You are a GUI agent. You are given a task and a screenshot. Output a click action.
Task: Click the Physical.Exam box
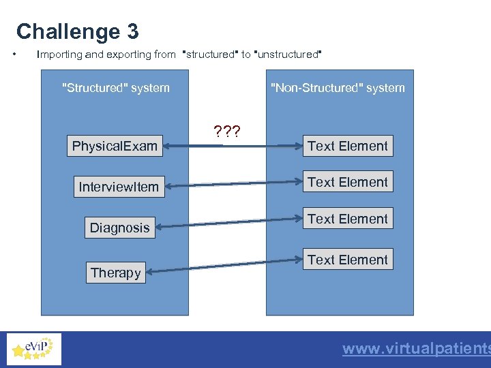pos(115,146)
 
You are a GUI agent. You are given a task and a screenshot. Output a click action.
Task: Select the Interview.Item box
pos(119,187)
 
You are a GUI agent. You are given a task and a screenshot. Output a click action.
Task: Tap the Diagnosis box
pos(119,228)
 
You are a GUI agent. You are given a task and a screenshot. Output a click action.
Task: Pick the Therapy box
pos(115,273)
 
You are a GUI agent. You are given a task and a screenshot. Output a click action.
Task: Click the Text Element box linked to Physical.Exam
pos(347,146)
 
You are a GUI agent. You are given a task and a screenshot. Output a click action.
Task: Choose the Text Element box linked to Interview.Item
pos(347,182)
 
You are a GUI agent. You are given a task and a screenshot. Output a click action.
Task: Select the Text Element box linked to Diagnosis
pos(347,219)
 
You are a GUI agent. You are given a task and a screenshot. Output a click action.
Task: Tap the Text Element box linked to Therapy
pos(347,260)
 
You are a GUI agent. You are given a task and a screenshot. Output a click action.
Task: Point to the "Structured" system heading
pos(115,88)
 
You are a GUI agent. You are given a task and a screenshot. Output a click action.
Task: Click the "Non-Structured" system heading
pos(338,88)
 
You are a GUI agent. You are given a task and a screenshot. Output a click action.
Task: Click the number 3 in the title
pos(132,32)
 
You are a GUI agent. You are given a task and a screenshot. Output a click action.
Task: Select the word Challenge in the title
pos(68,32)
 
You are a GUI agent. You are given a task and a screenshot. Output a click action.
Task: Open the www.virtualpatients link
pos(416,349)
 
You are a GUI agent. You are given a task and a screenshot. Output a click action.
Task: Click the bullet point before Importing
pos(15,54)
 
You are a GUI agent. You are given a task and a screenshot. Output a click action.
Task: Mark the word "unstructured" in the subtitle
pos(287,54)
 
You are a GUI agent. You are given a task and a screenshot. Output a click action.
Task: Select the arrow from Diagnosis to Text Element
pos(229,223)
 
